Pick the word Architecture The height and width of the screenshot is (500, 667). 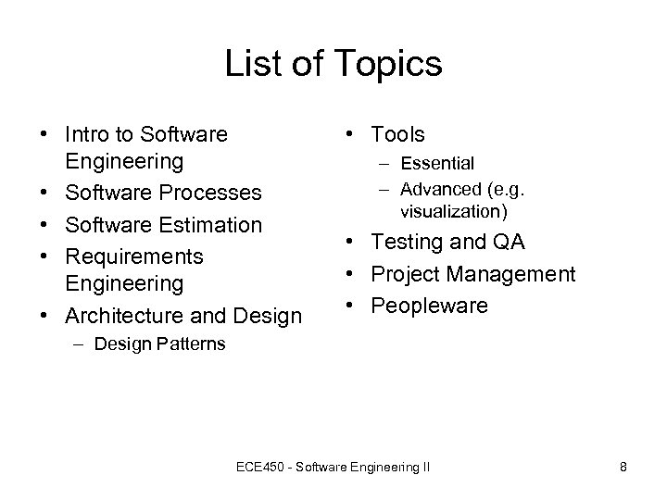point(123,317)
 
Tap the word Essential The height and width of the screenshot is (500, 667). point(437,164)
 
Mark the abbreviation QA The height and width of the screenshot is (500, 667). point(506,243)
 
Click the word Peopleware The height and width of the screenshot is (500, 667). point(429,306)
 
